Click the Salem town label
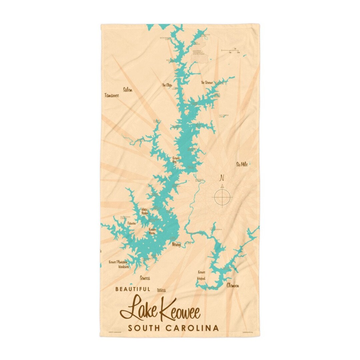[128, 90]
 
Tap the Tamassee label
[111, 95]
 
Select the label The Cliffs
[167, 85]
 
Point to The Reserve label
[207, 82]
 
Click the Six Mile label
[242, 164]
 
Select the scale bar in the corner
[230, 51]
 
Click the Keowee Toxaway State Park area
[199, 53]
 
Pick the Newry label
[176, 245]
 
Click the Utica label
[161, 290]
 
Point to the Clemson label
[233, 285]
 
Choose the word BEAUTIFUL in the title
[133, 289]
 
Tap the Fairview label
[132, 223]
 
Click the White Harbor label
[145, 211]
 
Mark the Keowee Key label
[176, 160]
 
